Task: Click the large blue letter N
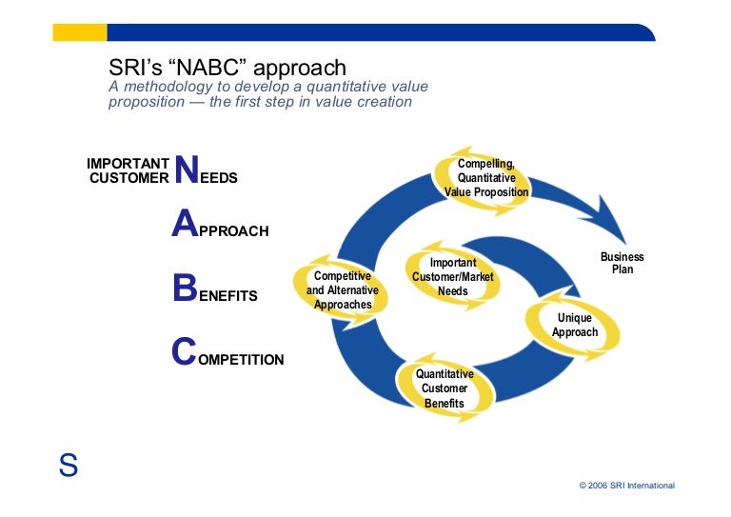click(x=188, y=169)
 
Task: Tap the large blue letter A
click(x=184, y=224)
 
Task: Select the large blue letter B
click(x=185, y=288)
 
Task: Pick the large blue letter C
click(x=184, y=352)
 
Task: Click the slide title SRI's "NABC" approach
click(x=227, y=68)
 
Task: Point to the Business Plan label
click(x=622, y=263)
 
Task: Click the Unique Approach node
click(x=575, y=326)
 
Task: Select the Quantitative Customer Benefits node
click(x=444, y=388)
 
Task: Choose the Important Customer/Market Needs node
click(x=453, y=277)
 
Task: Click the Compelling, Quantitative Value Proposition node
click(x=486, y=178)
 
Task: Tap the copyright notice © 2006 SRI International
click(x=626, y=486)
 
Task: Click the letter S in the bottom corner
click(x=68, y=466)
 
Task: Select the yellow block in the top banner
click(x=79, y=33)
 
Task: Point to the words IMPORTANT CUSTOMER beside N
click(x=128, y=170)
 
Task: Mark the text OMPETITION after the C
click(x=240, y=360)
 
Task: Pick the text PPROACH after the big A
click(x=233, y=231)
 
